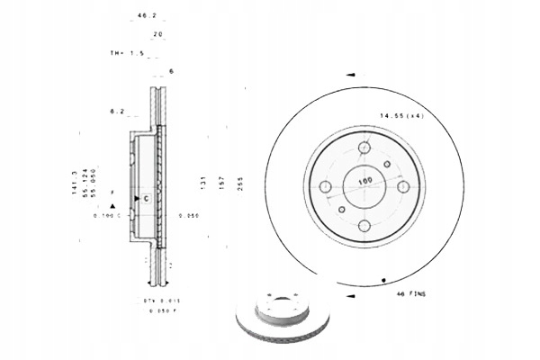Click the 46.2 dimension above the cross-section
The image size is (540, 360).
(x=141, y=16)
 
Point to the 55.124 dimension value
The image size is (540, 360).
(x=86, y=182)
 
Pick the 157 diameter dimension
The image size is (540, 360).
(x=222, y=183)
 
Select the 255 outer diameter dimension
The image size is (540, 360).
(x=241, y=183)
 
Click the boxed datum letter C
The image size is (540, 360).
(x=144, y=197)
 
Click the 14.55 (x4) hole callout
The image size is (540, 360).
(x=400, y=116)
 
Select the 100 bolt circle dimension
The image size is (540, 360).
(x=364, y=182)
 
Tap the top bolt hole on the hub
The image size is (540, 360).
(x=364, y=148)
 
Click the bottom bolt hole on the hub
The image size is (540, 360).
(x=364, y=226)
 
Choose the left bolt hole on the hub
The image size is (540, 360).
(x=326, y=187)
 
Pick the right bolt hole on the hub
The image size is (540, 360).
(x=404, y=187)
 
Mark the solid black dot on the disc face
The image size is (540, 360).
(x=384, y=280)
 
